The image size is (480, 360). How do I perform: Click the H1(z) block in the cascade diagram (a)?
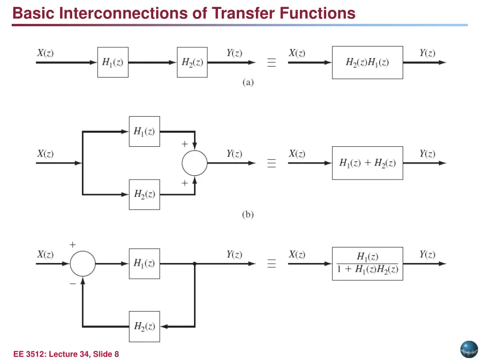(112, 62)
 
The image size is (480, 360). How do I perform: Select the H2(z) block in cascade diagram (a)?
(192, 62)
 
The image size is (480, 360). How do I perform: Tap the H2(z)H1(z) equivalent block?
(367, 62)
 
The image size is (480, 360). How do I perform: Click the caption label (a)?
(248, 82)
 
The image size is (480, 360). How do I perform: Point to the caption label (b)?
(248, 215)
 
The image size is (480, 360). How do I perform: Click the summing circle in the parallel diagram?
(194, 163)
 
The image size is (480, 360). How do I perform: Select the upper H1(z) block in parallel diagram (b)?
(144, 132)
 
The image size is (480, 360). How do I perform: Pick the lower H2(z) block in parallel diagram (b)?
(144, 194)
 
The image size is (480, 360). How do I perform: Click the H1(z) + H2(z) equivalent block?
(367, 163)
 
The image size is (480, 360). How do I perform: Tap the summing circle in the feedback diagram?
(82, 264)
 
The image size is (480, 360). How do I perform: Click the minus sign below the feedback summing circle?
(73, 283)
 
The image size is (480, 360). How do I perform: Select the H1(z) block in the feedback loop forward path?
(144, 264)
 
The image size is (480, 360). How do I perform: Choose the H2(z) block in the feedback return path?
(144, 326)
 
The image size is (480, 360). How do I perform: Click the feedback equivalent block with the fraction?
(367, 264)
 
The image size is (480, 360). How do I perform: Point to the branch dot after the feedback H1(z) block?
(195, 264)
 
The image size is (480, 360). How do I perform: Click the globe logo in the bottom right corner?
(468, 349)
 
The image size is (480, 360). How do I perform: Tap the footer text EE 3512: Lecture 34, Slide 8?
(66, 354)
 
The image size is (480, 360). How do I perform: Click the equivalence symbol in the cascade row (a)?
(271, 63)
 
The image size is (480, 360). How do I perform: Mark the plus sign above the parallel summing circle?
(185, 144)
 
